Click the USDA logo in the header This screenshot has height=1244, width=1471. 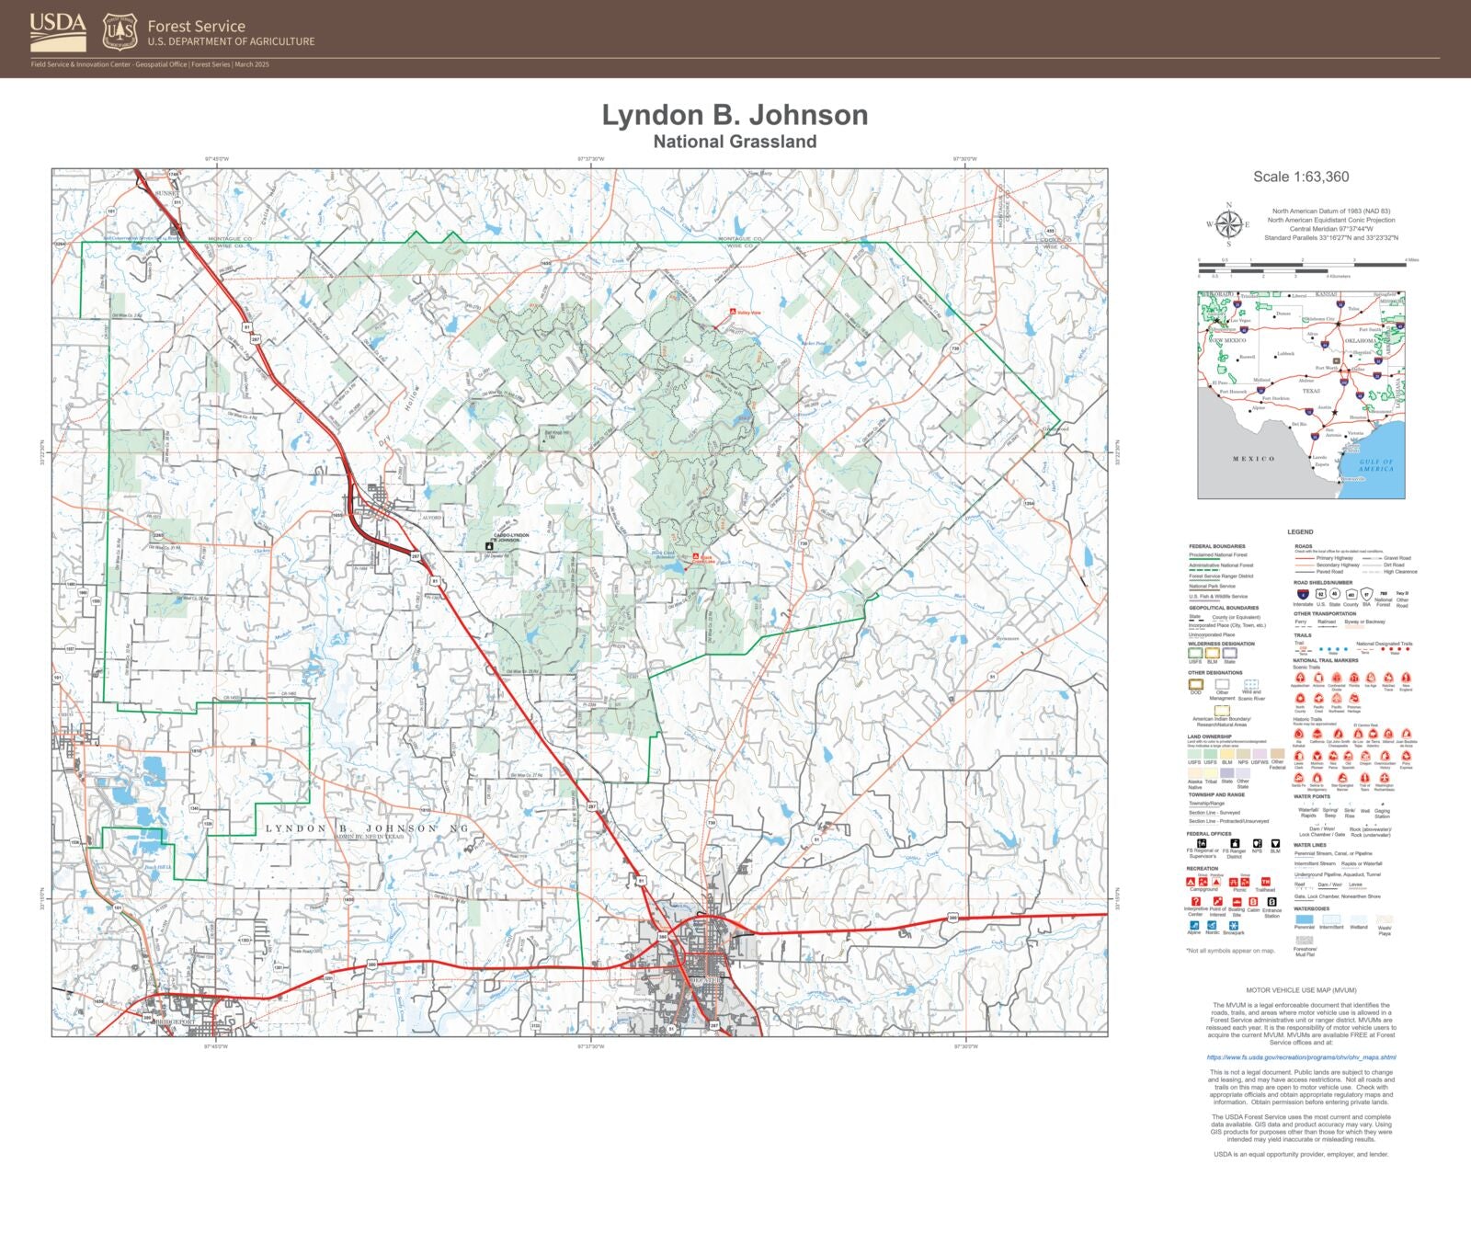(58, 31)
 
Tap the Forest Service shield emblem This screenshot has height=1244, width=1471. (120, 31)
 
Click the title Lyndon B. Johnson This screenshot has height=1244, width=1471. (735, 115)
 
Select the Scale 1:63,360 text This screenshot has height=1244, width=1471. (1301, 177)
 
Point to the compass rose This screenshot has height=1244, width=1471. (1228, 224)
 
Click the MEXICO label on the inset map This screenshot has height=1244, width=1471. (1253, 459)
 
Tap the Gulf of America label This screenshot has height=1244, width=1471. (1376, 465)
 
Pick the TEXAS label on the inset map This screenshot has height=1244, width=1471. (1311, 391)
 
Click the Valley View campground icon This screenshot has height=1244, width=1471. (733, 313)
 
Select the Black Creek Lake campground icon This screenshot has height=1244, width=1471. (696, 556)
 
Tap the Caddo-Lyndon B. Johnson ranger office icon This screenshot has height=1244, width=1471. (489, 546)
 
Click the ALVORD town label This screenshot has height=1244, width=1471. (432, 518)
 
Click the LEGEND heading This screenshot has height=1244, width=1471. (1300, 531)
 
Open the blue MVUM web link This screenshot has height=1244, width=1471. (1301, 1057)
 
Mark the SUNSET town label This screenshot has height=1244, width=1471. (165, 193)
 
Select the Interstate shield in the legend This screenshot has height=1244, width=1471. (1302, 595)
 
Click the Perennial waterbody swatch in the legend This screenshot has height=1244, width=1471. (1304, 919)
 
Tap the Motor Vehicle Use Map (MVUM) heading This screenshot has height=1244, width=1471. (1301, 990)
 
